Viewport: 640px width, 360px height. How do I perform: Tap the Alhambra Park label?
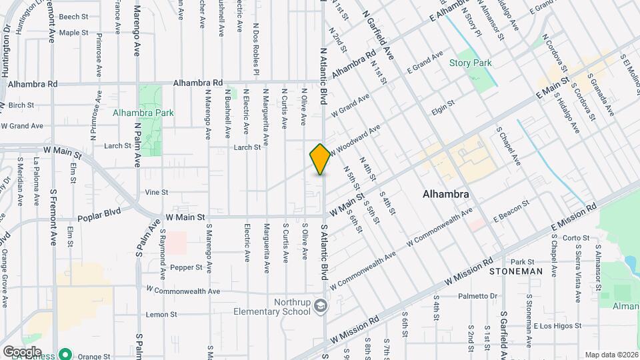point(143,113)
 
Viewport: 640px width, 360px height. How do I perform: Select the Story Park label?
point(470,63)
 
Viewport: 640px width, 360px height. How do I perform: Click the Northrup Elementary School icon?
point(321,305)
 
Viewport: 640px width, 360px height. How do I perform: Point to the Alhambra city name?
point(447,195)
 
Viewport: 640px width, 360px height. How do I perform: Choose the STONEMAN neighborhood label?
point(515,272)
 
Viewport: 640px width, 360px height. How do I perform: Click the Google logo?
point(22,351)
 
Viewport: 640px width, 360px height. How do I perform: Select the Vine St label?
point(156,192)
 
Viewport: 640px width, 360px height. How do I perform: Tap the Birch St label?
point(21,105)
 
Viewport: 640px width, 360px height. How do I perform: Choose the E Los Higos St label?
point(555,326)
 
